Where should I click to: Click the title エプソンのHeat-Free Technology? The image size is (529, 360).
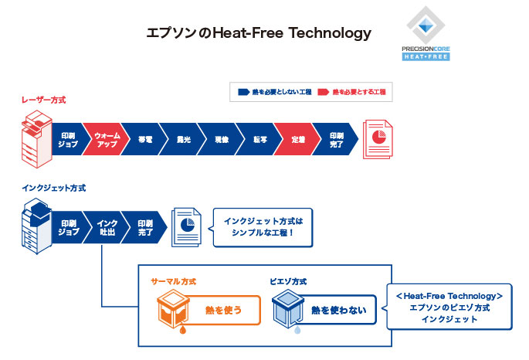click(x=259, y=33)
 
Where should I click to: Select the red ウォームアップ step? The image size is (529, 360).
click(x=105, y=140)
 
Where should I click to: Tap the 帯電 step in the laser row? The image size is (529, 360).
click(x=144, y=140)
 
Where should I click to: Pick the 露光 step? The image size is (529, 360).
click(x=183, y=140)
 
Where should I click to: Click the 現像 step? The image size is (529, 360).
click(x=221, y=140)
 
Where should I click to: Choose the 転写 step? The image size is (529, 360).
click(x=259, y=140)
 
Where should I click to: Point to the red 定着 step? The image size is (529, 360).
click(x=298, y=140)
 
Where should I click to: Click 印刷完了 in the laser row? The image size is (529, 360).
click(x=337, y=140)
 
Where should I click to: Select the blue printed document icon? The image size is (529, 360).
click(x=185, y=226)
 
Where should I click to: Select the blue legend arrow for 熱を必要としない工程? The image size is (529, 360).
click(x=243, y=92)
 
